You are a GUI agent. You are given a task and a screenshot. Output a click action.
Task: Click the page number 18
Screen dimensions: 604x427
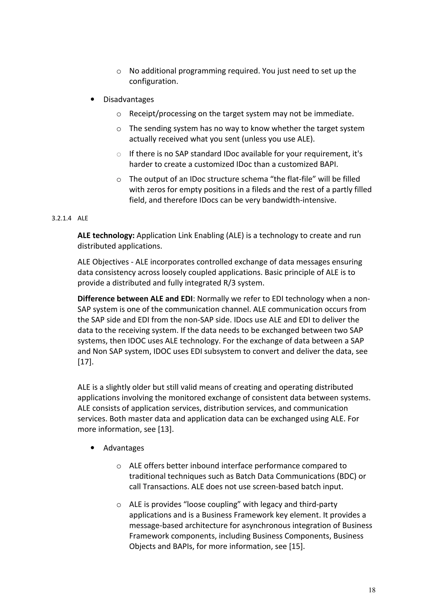(x=372, y=590)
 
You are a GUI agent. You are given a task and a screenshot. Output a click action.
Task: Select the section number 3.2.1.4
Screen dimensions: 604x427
(x=61, y=218)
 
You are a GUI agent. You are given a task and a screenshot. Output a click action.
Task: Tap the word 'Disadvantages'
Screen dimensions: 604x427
(x=128, y=99)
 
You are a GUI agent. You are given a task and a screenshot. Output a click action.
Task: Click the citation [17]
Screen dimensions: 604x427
(x=85, y=362)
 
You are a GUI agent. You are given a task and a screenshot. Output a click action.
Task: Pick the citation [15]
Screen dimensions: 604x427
(x=297, y=546)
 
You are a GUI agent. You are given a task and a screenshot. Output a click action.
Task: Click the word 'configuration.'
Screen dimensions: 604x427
(x=153, y=81)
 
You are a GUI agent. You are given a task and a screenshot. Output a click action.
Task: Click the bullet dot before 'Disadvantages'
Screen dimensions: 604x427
(x=92, y=99)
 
